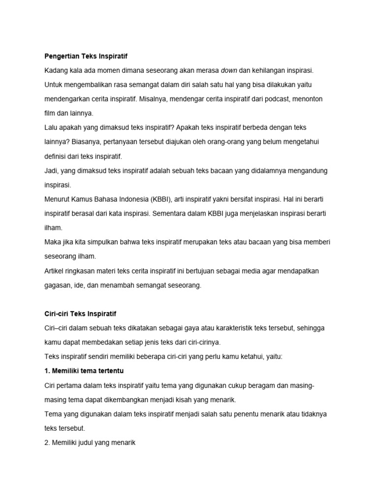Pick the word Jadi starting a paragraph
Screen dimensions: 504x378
[x=51, y=171]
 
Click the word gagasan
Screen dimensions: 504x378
[x=58, y=285]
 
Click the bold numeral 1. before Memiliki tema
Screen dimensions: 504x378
[x=47, y=371]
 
